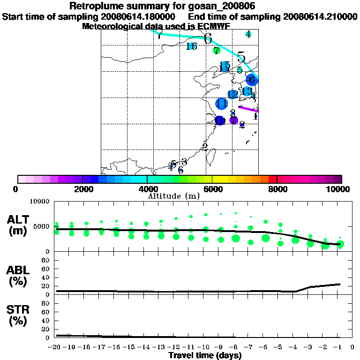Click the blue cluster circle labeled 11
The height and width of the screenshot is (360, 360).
click(x=221, y=104)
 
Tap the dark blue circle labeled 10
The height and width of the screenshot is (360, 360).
click(x=219, y=121)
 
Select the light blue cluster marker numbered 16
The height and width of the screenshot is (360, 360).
click(x=191, y=46)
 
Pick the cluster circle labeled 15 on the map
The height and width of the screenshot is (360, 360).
click(x=225, y=66)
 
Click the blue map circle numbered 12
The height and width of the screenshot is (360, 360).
click(x=232, y=95)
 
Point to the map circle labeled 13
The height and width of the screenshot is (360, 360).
click(x=247, y=91)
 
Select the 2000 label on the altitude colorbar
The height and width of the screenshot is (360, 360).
click(x=82, y=189)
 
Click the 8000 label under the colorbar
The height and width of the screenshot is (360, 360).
click(x=277, y=189)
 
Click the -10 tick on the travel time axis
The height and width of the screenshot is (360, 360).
click(x=206, y=347)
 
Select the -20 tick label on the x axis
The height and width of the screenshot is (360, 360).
click(x=55, y=347)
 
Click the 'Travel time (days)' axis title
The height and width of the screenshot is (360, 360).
click(x=205, y=355)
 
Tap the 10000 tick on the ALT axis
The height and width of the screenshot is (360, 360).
click(x=39, y=202)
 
